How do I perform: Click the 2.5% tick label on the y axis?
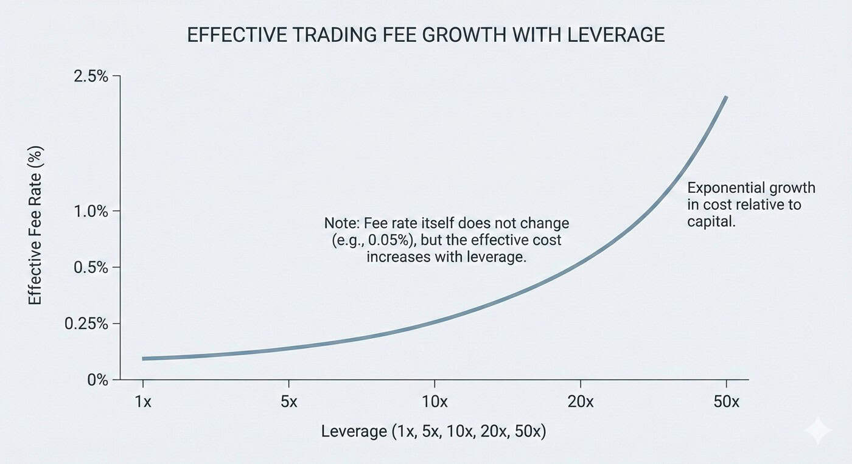(91, 77)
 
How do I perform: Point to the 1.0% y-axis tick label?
(91, 212)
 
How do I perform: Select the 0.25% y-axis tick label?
(86, 324)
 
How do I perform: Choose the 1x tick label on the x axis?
(143, 402)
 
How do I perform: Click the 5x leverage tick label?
(288, 402)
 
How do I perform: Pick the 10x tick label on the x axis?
(434, 402)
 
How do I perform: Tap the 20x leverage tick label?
(580, 402)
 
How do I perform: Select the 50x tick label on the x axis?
(726, 402)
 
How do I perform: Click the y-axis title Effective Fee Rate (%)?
(35, 225)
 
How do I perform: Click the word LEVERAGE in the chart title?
(616, 35)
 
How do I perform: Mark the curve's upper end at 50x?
(726, 97)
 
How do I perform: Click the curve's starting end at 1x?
(144, 359)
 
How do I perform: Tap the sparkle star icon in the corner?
(817, 431)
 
